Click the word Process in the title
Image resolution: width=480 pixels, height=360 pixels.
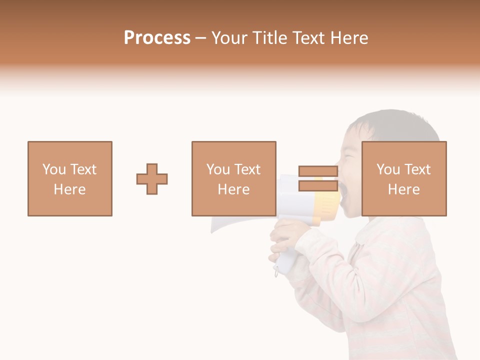pyautogui.click(x=157, y=38)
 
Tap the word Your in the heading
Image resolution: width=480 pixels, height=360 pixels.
pyautogui.click(x=229, y=38)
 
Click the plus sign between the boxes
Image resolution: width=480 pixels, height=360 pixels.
pyautogui.click(x=152, y=179)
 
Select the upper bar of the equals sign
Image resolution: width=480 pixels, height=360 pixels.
pyautogui.click(x=318, y=171)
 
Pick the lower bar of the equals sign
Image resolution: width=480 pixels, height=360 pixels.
pyautogui.click(x=318, y=186)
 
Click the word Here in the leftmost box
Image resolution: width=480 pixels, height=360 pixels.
pyautogui.click(x=69, y=189)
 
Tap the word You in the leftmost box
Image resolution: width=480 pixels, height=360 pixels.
pyautogui.click(x=54, y=169)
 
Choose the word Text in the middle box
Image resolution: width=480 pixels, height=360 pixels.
pyautogui.click(x=247, y=169)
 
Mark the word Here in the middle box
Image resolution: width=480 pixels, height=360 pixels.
pyautogui.click(x=233, y=189)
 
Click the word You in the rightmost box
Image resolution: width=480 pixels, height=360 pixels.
pyautogui.click(x=388, y=169)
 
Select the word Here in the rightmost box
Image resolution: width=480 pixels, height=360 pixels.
pyautogui.click(x=403, y=189)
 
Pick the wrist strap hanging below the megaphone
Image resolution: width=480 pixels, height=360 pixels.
pyautogui.click(x=276, y=270)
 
